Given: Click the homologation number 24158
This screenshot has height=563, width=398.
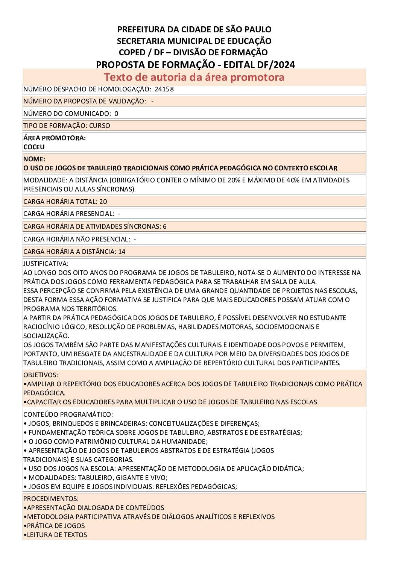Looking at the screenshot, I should tap(164, 89).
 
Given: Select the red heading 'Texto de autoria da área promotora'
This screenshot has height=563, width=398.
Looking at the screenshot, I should tap(194, 77).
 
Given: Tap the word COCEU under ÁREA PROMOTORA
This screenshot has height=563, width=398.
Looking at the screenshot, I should tap(34, 147).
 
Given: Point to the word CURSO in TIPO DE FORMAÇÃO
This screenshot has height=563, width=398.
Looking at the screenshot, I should tap(100, 126).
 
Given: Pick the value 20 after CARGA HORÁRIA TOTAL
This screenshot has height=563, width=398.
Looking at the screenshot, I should tap(103, 202).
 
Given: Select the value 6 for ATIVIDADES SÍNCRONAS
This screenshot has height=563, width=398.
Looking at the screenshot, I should tap(165, 226).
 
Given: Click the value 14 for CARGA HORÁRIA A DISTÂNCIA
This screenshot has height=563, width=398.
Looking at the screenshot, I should tap(122, 252).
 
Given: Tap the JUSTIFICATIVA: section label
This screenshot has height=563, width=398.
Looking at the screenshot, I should tap(46, 264).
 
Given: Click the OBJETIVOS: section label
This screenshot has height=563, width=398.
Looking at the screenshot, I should tap(41, 375).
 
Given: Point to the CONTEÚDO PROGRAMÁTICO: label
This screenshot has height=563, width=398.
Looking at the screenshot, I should tap(68, 414).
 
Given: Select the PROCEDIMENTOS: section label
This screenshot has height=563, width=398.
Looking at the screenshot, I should tap(51, 499).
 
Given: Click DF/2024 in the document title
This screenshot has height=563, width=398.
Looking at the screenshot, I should tap(276, 65).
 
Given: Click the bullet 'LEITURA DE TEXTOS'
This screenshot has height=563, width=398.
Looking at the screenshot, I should tap(57, 535).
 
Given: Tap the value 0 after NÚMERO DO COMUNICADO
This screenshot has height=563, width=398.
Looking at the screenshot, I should tap(116, 114).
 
